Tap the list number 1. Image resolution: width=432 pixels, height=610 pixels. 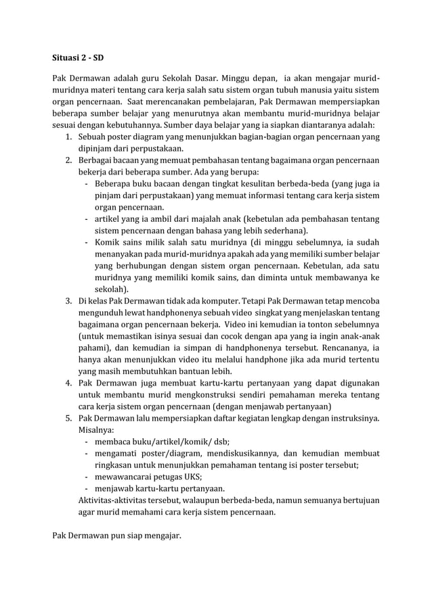pos(69,137)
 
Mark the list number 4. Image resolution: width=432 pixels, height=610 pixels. pos(69,383)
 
